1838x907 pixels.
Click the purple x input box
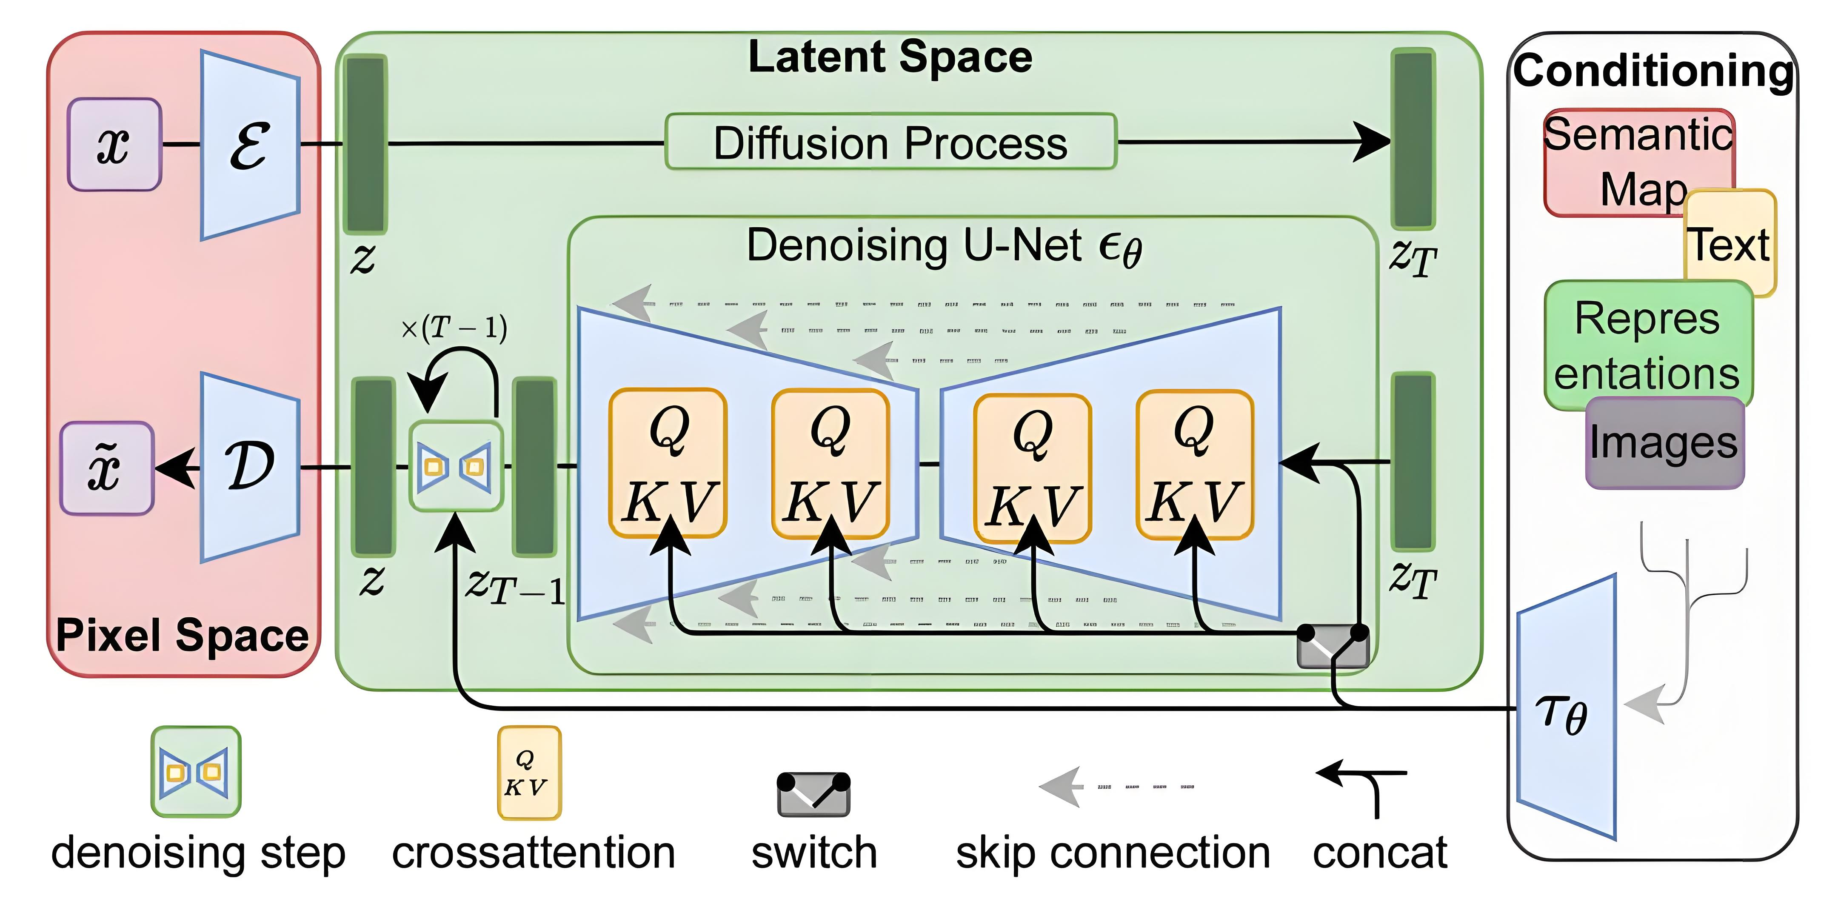coord(114,145)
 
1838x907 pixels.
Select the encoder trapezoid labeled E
coord(250,145)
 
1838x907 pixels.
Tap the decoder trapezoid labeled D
coord(250,468)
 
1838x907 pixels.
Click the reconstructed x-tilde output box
coord(107,468)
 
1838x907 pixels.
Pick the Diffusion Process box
coord(890,142)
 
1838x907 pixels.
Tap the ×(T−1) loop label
coord(454,328)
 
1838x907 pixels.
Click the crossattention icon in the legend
coord(529,773)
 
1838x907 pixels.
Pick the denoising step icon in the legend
coord(196,771)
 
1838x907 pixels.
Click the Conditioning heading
coord(1652,71)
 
